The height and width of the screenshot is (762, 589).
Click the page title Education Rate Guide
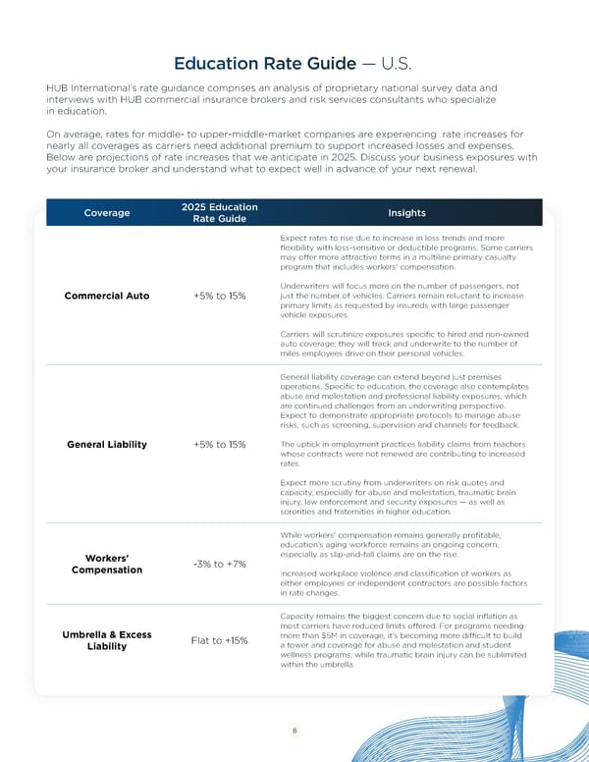coord(264,64)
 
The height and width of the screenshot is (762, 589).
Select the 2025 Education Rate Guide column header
coord(220,213)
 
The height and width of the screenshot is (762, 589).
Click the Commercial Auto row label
coord(108,296)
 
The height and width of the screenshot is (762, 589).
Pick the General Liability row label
coord(107,445)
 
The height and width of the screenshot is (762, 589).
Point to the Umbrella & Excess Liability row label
coord(107,640)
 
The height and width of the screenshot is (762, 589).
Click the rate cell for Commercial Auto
coord(220,296)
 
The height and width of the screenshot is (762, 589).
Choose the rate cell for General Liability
coord(220,445)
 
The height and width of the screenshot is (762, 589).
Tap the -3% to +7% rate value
coord(220,564)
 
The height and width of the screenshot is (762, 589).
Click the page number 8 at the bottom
coord(294,731)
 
